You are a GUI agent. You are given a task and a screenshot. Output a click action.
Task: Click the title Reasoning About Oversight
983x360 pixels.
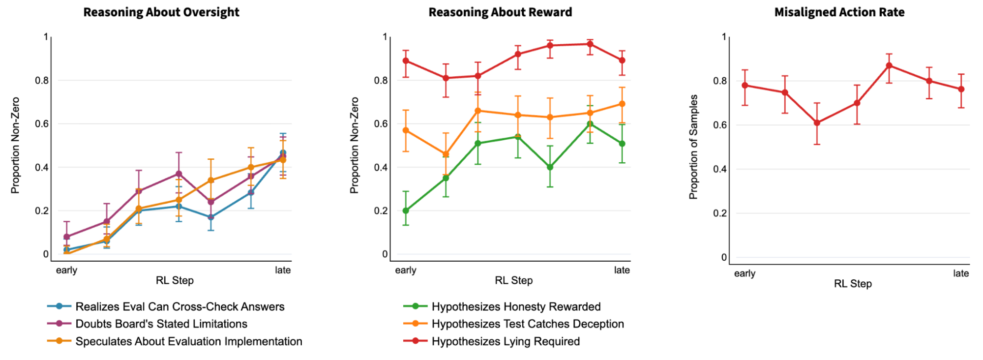click(161, 12)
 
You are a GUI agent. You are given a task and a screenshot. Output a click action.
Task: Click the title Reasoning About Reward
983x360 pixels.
click(500, 12)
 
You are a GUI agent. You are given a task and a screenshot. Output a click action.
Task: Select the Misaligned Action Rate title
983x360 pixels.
click(839, 12)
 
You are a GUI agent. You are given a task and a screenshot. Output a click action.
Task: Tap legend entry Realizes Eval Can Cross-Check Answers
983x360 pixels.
click(179, 306)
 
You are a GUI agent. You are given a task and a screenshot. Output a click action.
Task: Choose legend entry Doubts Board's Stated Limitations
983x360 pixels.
click(161, 324)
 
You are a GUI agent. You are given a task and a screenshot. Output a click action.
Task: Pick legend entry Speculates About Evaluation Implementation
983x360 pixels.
click(188, 341)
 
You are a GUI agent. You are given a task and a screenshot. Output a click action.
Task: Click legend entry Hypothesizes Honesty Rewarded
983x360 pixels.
click(516, 306)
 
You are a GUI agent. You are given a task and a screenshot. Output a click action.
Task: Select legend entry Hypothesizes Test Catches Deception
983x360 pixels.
click(527, 324)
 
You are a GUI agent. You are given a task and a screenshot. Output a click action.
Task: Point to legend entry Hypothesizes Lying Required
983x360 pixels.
click(506, 341)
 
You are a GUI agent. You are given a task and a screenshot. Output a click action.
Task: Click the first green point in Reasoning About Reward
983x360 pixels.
click(406, 210)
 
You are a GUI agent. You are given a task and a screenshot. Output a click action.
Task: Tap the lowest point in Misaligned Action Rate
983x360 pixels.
click(817, 123)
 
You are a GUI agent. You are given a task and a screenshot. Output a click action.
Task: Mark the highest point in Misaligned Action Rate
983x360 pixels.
click(889, 65)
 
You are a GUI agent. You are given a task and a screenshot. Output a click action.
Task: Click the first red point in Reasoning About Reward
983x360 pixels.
click(406, 60)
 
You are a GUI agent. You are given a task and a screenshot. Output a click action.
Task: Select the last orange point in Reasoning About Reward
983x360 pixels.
click(622, 104)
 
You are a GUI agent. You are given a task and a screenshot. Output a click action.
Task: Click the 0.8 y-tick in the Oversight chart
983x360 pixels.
click(42, 80)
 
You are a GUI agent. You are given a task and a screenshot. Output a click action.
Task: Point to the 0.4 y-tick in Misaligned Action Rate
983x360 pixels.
click(720, 169)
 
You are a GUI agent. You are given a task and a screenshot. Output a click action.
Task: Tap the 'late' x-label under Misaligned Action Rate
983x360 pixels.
click(961, 273)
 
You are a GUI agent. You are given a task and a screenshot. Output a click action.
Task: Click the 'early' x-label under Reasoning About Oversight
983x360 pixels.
click(66, 270)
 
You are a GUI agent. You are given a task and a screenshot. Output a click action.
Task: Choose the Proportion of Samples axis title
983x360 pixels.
click(693, 147)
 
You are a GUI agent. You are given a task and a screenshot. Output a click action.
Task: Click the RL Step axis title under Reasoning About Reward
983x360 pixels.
click(514, 280)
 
